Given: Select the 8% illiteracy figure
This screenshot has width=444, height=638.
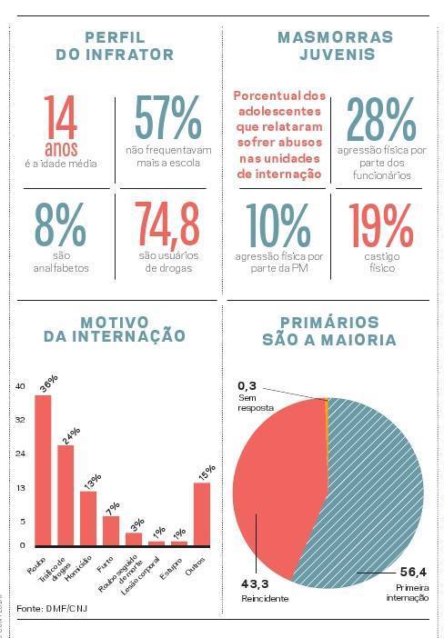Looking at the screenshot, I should pyautogui.click(x=61, y=223).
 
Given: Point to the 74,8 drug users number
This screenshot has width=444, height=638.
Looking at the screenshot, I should pyautogui.click(x=167, y=223).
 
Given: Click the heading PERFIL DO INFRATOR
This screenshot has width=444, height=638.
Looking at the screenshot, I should pyautogui.click(x=115, y=45).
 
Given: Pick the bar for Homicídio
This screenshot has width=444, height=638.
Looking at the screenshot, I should pyautogui.click(x=88, y=517).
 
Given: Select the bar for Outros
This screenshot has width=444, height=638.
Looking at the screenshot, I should pyautogui.click(x=202, y=513).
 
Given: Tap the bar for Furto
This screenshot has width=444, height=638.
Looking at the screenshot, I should pyautogui.click(x=111, y=530).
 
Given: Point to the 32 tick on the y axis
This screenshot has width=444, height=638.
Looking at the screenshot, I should pyautogui.click(x=20, y=420).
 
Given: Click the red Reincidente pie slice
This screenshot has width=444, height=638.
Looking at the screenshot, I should pyautogui.click(x=273, y=473).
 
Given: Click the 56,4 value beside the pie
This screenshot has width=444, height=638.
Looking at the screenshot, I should pyautogui.click(x=414, y=573).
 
